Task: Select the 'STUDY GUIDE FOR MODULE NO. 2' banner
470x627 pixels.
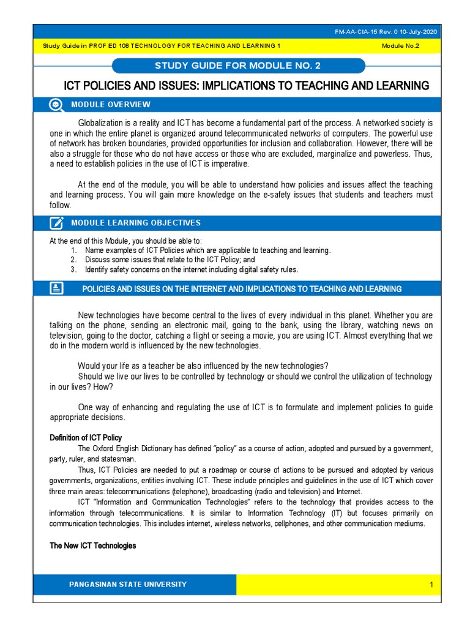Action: pos(239,66)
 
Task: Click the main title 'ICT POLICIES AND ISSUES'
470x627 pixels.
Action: pos(247,85)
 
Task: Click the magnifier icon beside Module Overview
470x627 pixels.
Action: pos(56,105)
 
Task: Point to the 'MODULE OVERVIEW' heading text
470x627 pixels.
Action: pos(110,105)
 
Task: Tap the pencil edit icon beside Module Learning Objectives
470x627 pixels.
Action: pos(56,223)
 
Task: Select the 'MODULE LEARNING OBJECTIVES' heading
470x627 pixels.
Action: pos(135,223)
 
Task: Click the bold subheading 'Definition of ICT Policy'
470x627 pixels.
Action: pos(86,438)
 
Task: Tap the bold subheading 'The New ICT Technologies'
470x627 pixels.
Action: pos(92,546)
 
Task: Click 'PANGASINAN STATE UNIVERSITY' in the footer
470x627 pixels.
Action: pos(128,585)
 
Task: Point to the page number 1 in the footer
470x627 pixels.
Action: pos(431,585)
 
